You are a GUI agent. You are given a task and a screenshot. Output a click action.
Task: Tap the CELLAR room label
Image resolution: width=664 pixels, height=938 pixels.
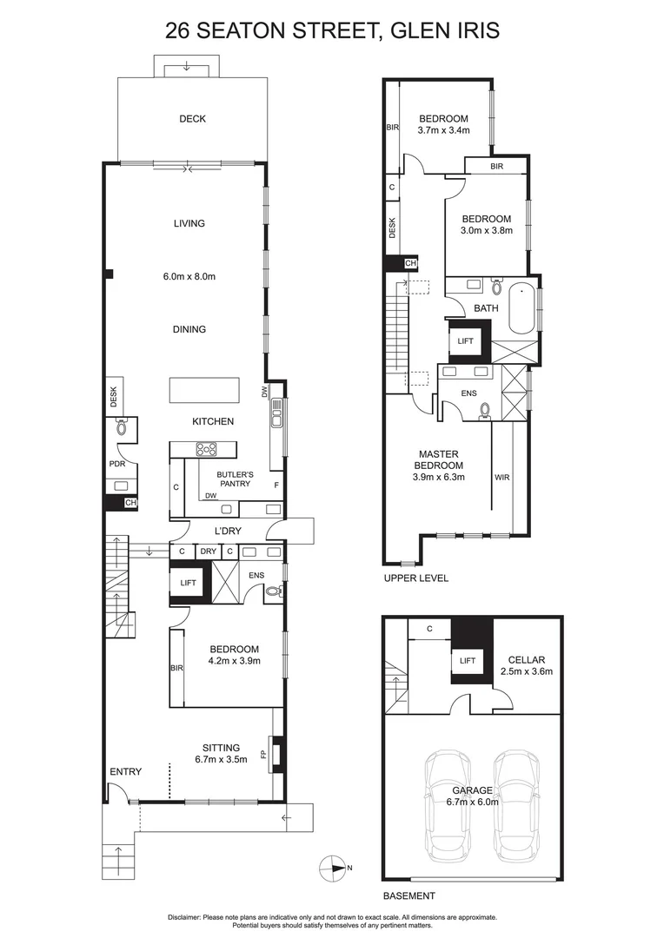click(x=527, y=657)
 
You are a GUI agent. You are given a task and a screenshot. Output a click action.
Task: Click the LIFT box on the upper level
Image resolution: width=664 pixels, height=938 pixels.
click(x=465, y=341)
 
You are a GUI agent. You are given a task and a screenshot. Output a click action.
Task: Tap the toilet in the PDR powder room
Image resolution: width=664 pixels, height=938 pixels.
click(x=121, y=426)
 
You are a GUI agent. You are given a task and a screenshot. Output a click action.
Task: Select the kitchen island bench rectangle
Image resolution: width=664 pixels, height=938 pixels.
click(x=202, y=390)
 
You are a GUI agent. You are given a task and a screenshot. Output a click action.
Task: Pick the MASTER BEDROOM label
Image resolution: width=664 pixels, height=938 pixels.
click(x=438, y=465)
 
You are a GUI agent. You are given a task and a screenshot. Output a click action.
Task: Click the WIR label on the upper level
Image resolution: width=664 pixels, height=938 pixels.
click(x=502, y=477)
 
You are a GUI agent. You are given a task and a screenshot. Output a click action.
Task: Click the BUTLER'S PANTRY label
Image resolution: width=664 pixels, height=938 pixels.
click(x=234, y=479)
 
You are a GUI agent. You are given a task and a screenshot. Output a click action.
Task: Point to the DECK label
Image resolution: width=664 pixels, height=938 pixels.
click(x=192, y=119)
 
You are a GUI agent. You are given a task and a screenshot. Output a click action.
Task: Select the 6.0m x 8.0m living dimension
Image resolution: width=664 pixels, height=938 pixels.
click(x=189, y=276)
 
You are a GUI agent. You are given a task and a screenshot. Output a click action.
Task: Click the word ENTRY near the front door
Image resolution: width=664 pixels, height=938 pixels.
click(x=125, y=771)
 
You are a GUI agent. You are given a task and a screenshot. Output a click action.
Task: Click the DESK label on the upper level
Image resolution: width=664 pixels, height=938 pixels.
click(x=393, y=228)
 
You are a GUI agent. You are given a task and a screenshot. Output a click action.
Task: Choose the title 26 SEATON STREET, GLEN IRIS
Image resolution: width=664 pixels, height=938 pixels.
click(x=332, y=32)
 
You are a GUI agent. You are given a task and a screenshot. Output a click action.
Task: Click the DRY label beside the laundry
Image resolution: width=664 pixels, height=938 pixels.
click(x=208, y=552)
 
